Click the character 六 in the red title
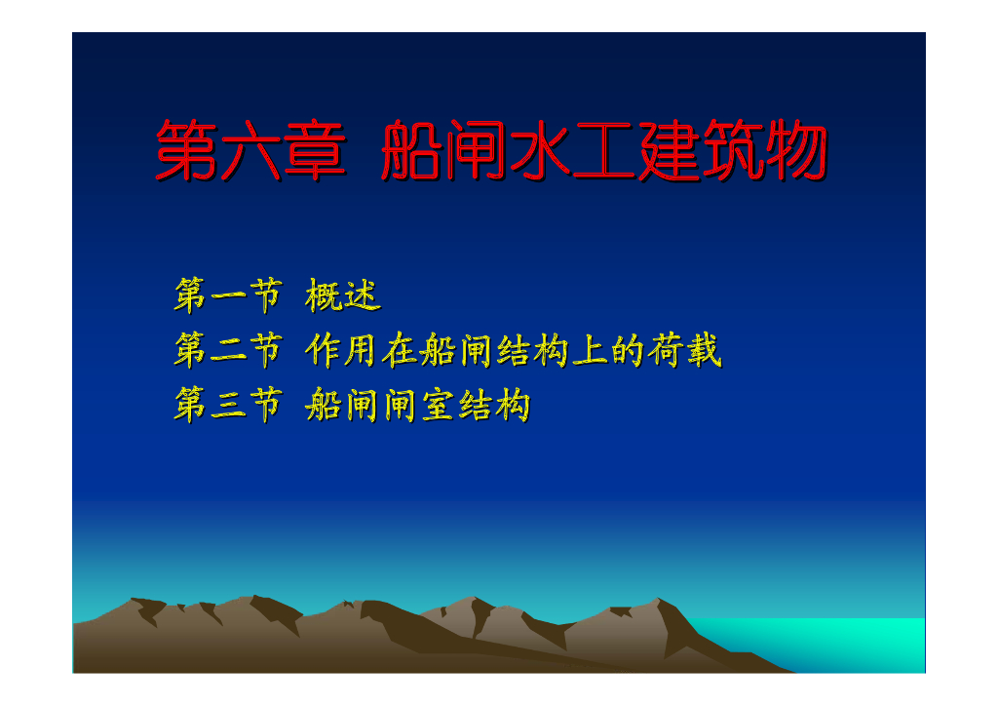250,150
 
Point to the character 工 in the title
604,150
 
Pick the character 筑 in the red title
732,150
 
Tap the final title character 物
795,150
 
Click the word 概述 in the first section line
342,295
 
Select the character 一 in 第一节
229,296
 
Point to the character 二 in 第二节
229,351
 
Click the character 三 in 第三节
229,406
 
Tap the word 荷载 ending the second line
685,350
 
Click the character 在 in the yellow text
399,350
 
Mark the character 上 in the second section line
589,351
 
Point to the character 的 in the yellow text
628,350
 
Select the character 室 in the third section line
438,405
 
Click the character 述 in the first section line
363,295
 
